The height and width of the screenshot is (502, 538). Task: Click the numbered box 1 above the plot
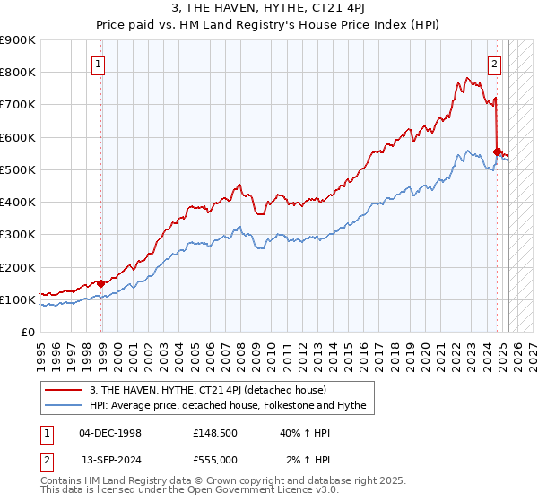tap(98, 64)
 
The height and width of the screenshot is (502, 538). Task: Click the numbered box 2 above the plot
tap(494, 64)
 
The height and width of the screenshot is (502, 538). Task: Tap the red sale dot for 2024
tap(497, 151)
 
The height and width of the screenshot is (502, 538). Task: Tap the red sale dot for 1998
tap(100, 283)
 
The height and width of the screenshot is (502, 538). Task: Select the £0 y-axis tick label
tap(28, 332)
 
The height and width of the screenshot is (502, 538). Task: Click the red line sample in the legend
tap(65, 390)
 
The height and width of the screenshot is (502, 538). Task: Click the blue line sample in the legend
tap(65, 405)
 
